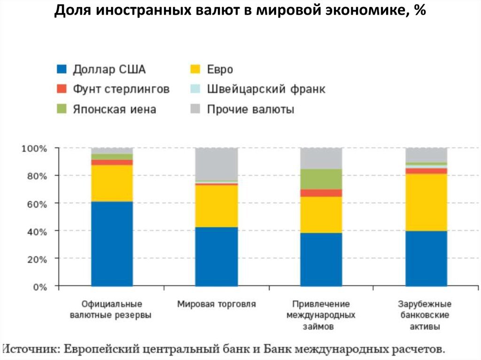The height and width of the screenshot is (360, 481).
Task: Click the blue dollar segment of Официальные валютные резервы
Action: coord(112,244)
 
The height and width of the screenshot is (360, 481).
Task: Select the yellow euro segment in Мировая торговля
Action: coord(217,206)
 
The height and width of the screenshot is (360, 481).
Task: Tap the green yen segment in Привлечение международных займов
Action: coord(321,179)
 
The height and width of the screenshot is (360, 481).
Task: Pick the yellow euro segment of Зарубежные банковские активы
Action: coord(427,202)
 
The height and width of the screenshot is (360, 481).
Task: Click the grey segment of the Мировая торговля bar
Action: coord(217,164)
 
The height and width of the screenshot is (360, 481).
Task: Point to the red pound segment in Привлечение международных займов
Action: coord(321,193)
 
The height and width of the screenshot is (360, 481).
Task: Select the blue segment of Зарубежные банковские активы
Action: coord(427,258)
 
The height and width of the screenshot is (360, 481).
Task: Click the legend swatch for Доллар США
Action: coord(62,69)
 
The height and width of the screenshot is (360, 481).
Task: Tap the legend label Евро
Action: coord(220,69)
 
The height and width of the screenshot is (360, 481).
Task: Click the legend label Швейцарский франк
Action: coord(266,89)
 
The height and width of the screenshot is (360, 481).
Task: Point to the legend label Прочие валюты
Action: coord(251,109)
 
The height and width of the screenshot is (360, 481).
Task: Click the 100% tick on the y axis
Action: coord(34,149)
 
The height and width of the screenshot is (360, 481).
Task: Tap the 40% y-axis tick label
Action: coord(36,231)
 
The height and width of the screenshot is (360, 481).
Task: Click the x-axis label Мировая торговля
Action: coord(217,304)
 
